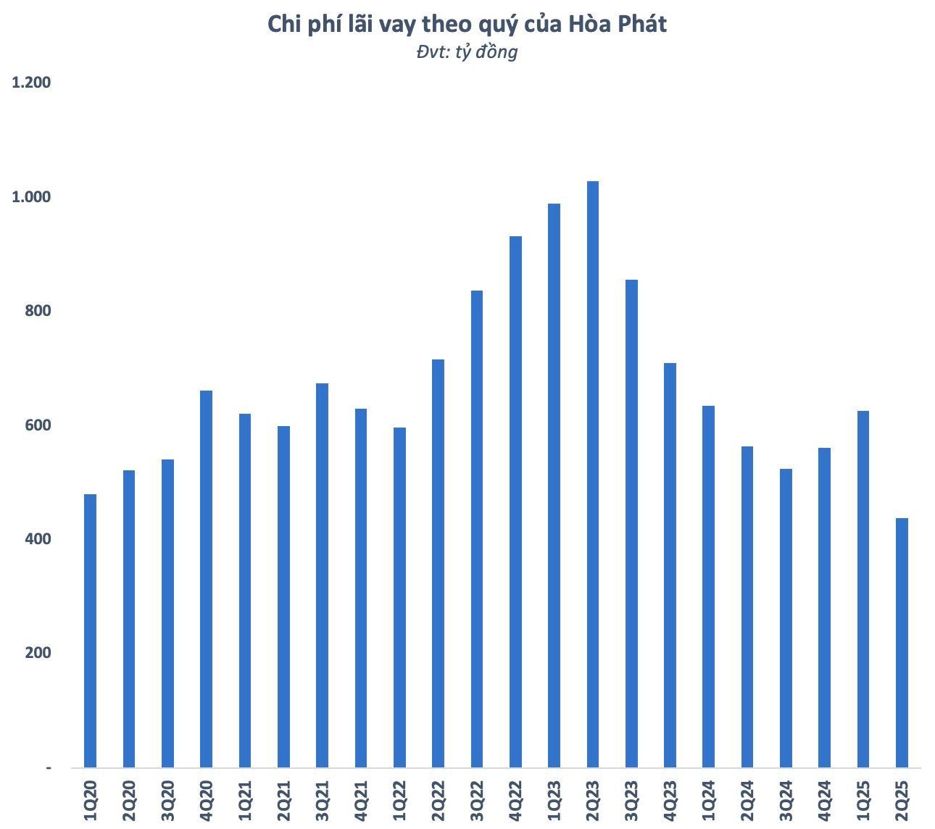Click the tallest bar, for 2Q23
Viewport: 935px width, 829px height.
[x=592, y=474]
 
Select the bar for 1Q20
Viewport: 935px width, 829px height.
[x=90, y=630]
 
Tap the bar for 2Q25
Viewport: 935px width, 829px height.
[x=902, y=643]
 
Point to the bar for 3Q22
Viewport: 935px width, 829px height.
[x=476, y=529]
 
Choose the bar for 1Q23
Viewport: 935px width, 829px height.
[x=554, y=486]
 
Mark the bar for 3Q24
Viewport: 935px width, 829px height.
[x=786, y=618]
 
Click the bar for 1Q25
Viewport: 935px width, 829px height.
[x=863, y=589]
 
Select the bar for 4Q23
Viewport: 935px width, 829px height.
[x=670, y=565]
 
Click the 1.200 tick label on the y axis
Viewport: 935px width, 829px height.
[x=31, y=83]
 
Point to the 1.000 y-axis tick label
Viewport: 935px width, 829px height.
[x=31, y=197]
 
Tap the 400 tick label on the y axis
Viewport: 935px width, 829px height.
[x=38, y=539]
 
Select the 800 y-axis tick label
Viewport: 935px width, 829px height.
[x=38, y=311]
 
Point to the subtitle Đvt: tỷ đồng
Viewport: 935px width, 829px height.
[x=467, y=52]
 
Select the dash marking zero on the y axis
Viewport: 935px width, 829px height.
[x=48, y=767]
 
